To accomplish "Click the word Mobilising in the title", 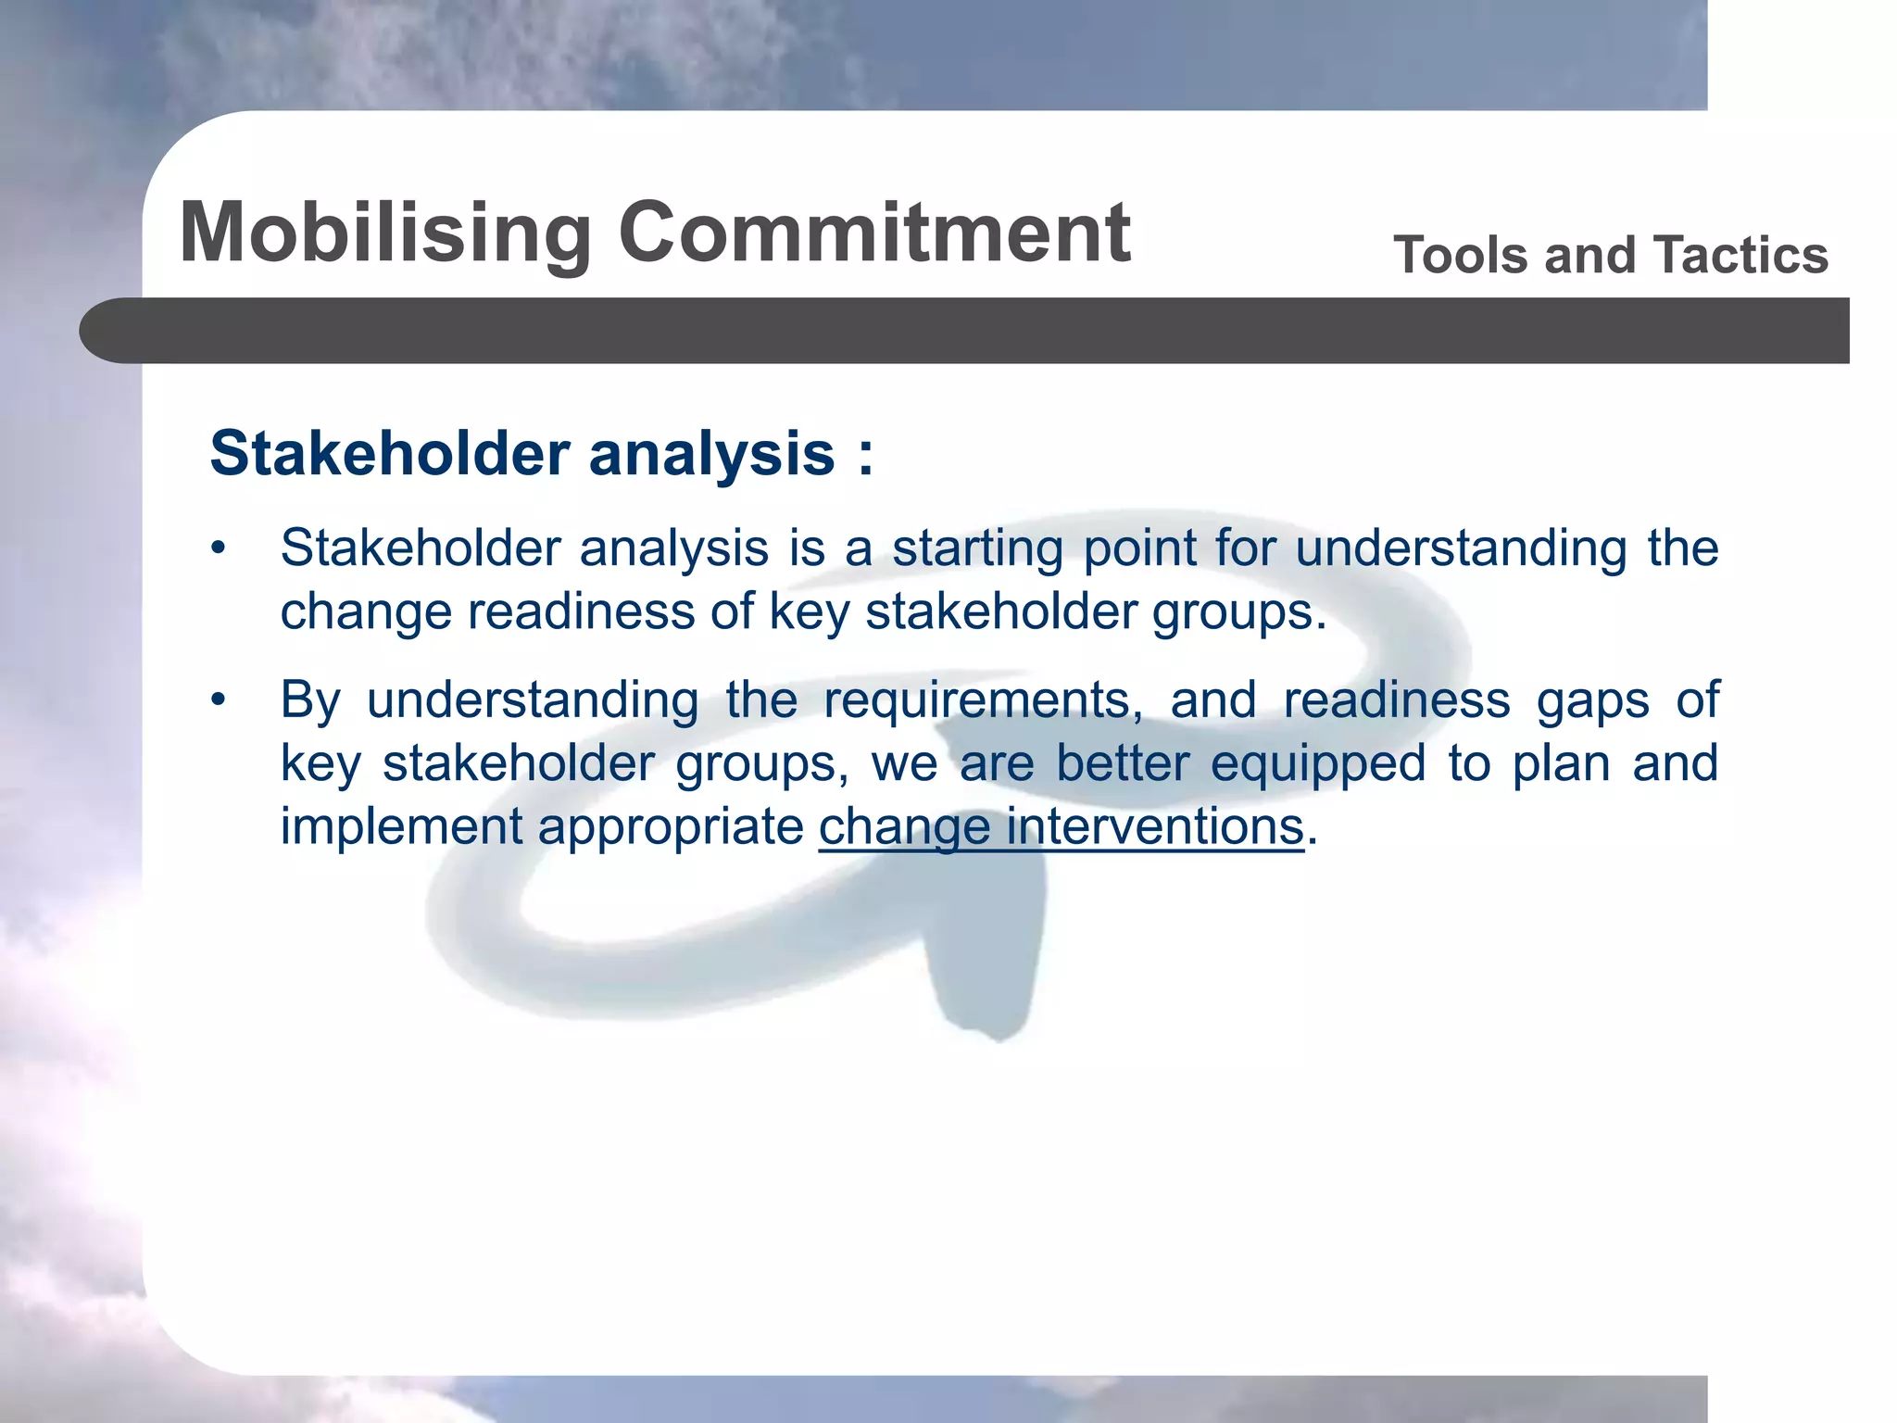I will [385, 233].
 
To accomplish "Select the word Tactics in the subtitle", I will [1741, 255].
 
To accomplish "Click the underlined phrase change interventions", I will [1061, 825].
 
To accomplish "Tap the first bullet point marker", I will [218, 548].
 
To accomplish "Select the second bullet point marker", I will [218, 700].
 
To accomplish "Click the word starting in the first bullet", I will [977, 549].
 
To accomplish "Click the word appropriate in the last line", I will [671, 827].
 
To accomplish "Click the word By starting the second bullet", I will [310, 700].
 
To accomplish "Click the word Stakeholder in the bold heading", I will [390, 454].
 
